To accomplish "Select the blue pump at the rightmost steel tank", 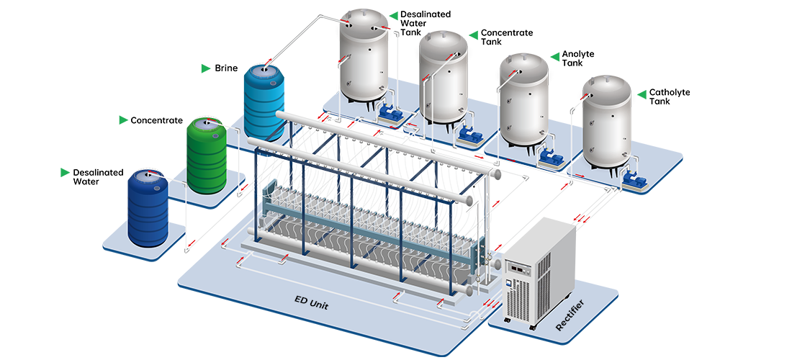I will tap(637, 179).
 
